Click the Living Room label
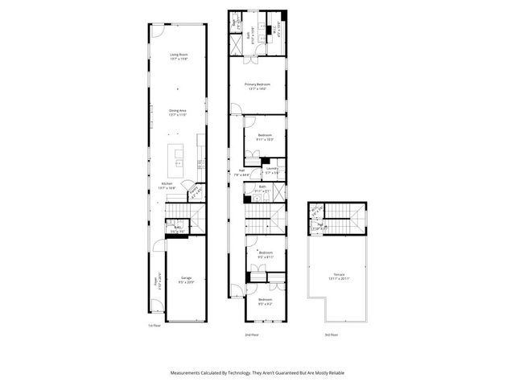178,55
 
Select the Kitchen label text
167,184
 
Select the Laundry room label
272,170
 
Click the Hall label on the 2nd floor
239,170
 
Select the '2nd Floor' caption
252,334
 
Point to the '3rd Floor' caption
331,334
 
